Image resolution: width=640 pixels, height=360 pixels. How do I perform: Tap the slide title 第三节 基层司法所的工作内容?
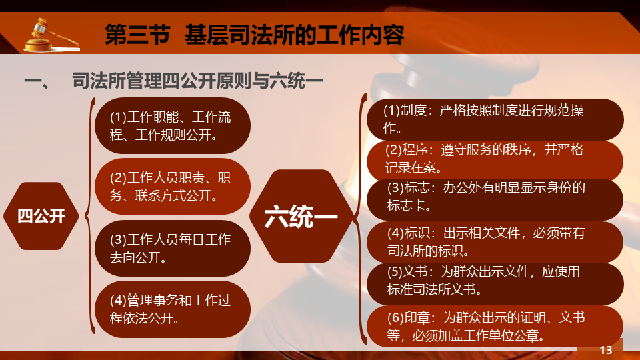[254, 35]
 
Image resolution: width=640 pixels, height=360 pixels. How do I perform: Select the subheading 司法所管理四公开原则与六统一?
[197, 81]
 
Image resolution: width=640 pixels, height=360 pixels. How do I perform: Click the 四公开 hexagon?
[41, 216]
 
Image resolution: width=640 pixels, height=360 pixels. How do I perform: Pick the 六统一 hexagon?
[301, 216]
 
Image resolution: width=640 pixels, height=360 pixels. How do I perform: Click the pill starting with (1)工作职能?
[173, 126]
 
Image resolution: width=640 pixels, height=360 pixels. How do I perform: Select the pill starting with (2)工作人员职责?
[173, 187]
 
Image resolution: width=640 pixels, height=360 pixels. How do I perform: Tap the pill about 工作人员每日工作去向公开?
[173, 248]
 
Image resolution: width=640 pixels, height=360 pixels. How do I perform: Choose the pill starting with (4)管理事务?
[173, 309]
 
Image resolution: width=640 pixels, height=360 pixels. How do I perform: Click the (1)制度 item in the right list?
[495, 119]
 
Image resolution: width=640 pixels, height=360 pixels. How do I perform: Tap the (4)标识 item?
[495, 242]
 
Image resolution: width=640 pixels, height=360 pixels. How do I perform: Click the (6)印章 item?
[495, 327]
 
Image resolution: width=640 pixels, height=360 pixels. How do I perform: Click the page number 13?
[606, 350]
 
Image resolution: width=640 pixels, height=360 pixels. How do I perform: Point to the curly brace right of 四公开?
[90, 216]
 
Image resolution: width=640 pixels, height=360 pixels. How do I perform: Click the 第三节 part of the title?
[137, 35]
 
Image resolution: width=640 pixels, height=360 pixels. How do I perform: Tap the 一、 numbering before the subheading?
[37, 81]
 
